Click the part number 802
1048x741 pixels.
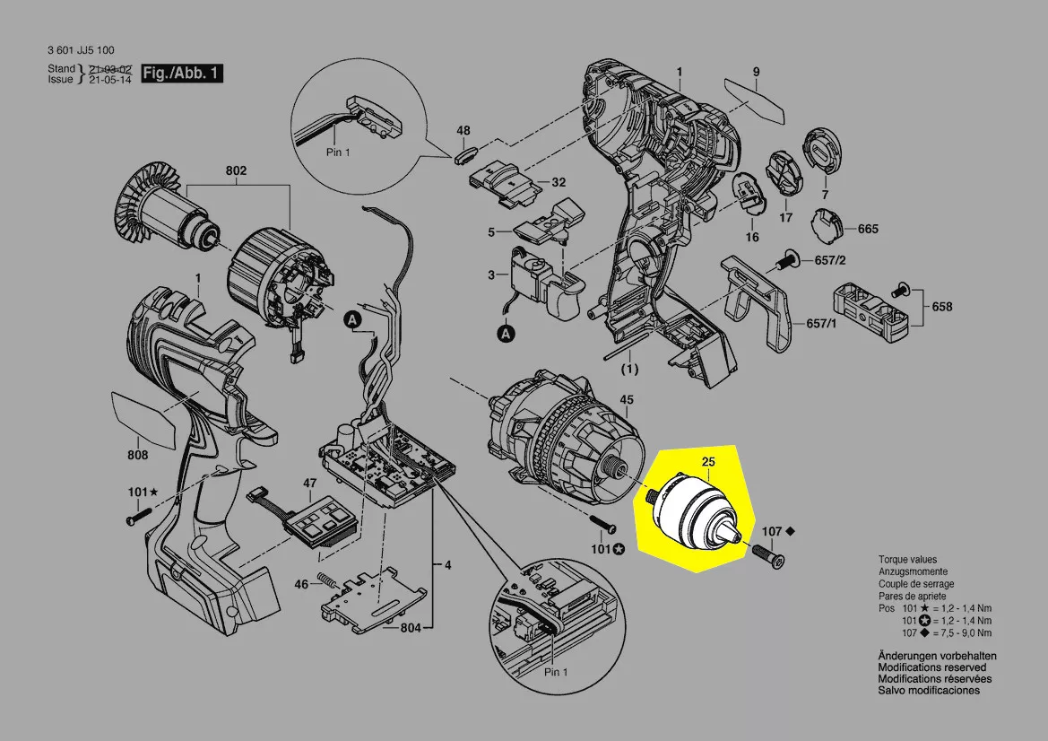pos(236,170)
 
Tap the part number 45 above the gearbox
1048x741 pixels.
pos(627,399)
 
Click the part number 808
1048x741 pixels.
pos(137,454)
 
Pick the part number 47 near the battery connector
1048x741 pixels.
pos(309,484)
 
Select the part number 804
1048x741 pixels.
pos(411,627)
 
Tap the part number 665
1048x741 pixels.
pos(868,229)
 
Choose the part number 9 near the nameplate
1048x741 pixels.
pos(756,72)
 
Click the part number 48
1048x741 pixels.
pos(463,131)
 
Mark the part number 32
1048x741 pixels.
pos(558,182)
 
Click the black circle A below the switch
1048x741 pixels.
pos(507,334)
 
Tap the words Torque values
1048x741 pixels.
pos(907,559)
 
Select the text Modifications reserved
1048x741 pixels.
pos(932,667)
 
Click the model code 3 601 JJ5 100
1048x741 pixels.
pos(81,50)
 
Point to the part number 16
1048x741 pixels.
pos(751,237)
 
